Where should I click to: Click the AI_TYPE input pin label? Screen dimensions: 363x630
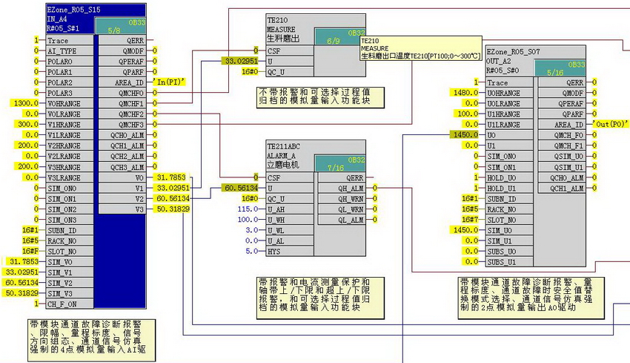coord(62,51)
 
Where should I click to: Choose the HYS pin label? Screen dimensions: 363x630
coord(275,252)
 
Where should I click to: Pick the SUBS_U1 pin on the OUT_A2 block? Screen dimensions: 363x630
coord(503,262)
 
